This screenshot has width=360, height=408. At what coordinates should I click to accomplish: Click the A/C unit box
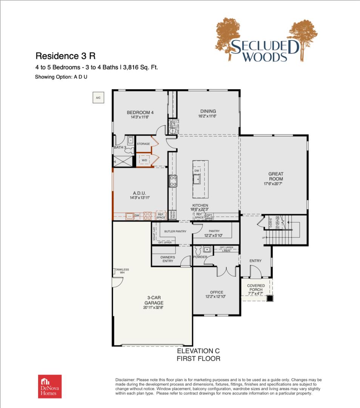click(98, 98)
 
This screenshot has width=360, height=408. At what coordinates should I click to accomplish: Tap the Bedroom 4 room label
click(140, 112)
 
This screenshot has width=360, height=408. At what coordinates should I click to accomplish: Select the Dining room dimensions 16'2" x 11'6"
click(208, 117)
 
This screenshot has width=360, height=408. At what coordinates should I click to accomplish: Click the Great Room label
click(276, 176)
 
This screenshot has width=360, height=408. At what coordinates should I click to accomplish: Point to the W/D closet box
click(144, 160)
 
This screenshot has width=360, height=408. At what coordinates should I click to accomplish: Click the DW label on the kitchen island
click(197, 171)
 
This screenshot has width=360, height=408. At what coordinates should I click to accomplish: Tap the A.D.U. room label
click(139, 192)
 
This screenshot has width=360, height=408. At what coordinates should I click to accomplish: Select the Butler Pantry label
click(175, 231)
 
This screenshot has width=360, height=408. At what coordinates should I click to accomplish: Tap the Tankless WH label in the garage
click(122, 271)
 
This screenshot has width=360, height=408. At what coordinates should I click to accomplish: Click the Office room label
click(217, 292)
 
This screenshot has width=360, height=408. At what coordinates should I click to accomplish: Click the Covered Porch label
click(256, 287)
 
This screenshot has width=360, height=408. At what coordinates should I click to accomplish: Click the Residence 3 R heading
click(65, 56)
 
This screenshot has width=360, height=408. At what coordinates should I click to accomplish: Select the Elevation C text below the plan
click(198, 351)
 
